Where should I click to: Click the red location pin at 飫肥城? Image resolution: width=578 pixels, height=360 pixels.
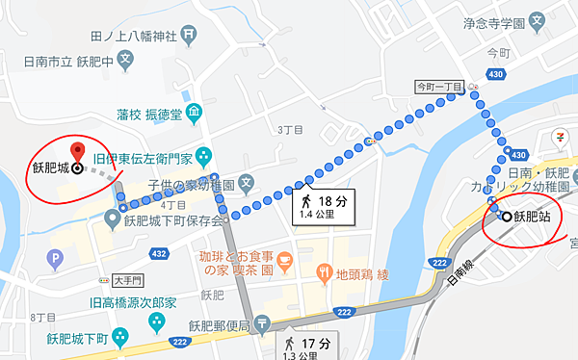(77, 151)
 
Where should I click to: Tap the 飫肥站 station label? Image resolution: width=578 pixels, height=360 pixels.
(532, 218)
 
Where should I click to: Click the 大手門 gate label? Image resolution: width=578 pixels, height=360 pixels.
(126, 281)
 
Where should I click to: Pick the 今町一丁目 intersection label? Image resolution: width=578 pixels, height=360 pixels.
(439, 86)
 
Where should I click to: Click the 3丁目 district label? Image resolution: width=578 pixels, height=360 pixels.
(289, 129)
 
